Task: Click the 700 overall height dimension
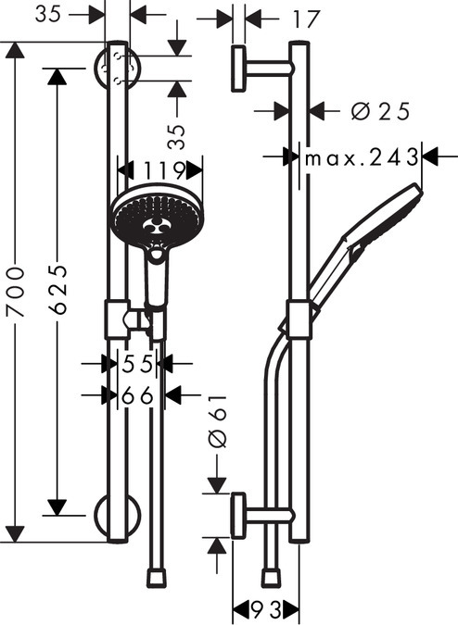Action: pyautogui.click(x=16, y=293)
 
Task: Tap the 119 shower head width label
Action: pyautogui.click(x=164, y=170)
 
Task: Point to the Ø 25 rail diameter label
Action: pyautogui.click(x=380, y=111)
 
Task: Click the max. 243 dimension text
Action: pyautogui.click(x=362, y=157)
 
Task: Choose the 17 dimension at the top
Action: pyautogui.click(x=306, y=19)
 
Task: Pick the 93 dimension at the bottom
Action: pyautogui.click(x=266, y=609)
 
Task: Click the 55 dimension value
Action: pyautogui.click(x=137, y=364)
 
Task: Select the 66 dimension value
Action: pyautogui.click(x=137, y=395)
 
